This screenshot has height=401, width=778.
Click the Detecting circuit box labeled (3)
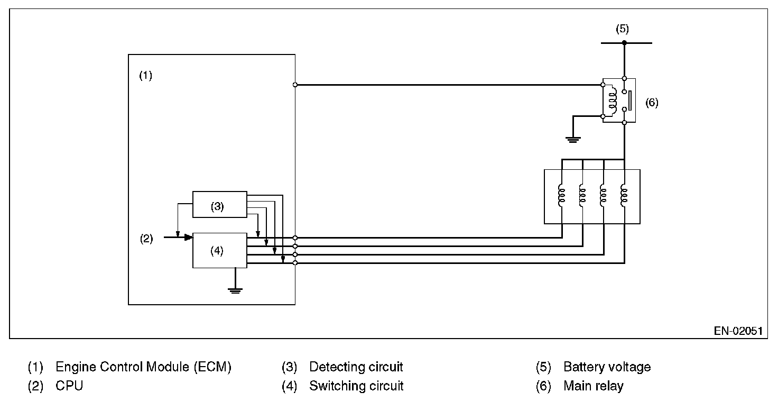(x=219, y=204)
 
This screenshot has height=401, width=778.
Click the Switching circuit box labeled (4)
(x=219, y=250)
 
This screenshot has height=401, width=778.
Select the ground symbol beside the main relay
(x=573, y=139)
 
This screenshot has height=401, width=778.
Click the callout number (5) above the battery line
(x=622, y=29)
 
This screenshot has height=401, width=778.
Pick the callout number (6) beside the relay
(x=652, y=103)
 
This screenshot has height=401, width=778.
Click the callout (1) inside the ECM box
(x=145, y=76)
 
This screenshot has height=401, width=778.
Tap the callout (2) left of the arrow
(x=146, y=239)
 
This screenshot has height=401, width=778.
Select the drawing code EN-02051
(x=738, y=331)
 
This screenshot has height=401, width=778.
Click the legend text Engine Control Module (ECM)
(x=143, y=367)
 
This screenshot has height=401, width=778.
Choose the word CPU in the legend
(x=69, y=386)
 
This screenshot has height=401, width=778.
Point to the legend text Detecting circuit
(x=356, y=367)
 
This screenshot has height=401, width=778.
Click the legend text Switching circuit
(x=356, y=386)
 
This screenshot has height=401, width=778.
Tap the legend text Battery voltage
(x=607, y=367)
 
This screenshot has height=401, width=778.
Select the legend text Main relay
(x=593, y=386)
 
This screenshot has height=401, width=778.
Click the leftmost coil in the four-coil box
(x=561, y=194)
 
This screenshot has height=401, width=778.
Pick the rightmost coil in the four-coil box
(x=624, y=194)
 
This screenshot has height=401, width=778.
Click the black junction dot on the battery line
(x=624, y=43)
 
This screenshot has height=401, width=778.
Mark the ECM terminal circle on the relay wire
(x=295, y=85)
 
